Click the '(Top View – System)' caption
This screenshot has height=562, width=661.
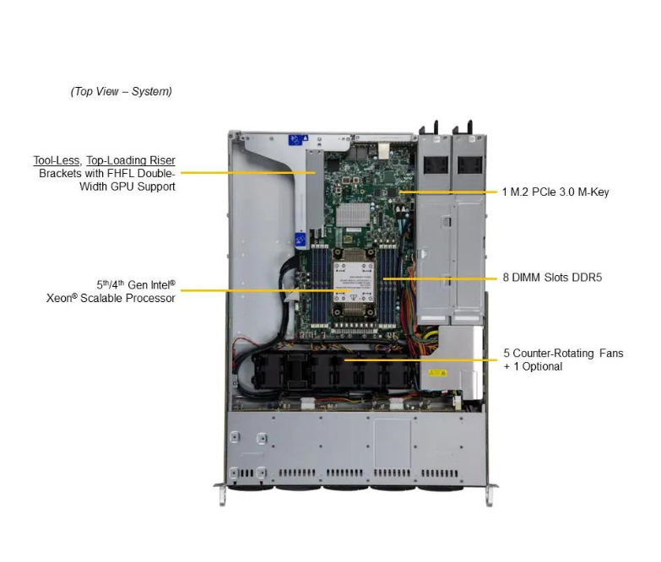point(121,91)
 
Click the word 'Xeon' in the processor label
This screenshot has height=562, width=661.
point(61,298)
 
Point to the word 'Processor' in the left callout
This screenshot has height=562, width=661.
point(149,298)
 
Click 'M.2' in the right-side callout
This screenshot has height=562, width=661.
point(523,192)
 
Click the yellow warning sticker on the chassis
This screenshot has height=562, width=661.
point(436,372)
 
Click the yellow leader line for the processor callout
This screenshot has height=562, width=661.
point(262,291)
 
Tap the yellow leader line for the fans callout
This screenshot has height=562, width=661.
point(414,359)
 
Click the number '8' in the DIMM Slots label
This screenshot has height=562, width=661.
point(504,277)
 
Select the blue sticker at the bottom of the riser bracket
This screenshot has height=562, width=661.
point(300,240)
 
